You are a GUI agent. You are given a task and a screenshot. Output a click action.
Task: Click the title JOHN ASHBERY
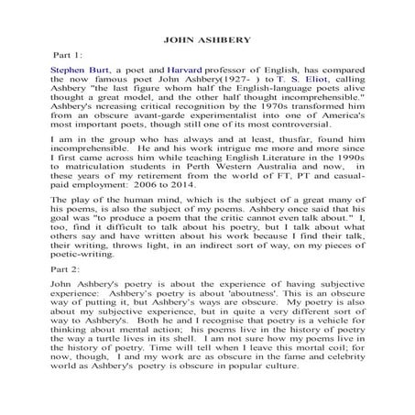click(x=207, y=40)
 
